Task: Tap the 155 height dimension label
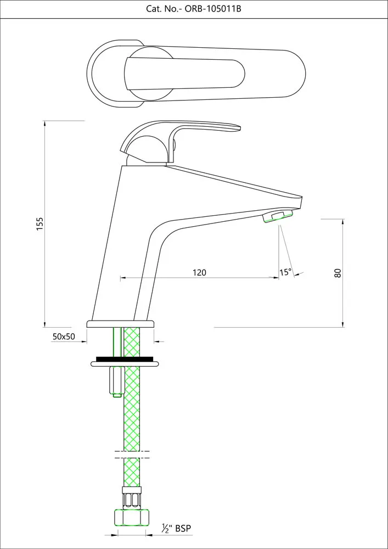[40, 224]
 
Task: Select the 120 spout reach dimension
[199, 272]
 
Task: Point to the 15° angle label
[285, 272]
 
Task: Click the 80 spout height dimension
[338, 273]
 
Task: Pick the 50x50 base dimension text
[64, 337]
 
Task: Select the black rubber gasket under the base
[124, 359]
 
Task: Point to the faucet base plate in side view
[120, 324]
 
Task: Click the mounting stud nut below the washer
[117, 382]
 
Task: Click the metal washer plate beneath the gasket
[125, 364]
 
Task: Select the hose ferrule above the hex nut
[132, 498]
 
